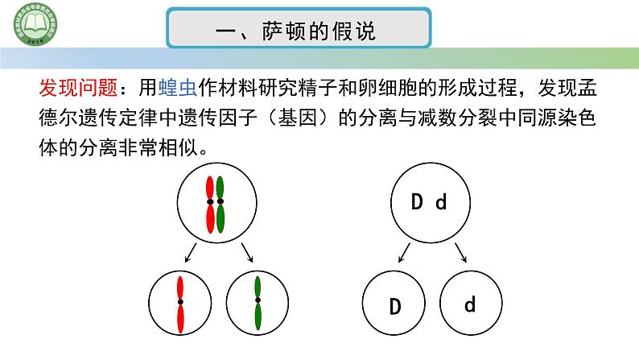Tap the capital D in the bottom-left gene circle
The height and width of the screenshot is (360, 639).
[395, 307]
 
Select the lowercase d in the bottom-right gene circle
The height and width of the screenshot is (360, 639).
[471, 304]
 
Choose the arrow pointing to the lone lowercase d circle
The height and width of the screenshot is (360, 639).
[461, 254]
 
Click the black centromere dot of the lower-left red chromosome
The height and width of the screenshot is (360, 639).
[180, 301]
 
